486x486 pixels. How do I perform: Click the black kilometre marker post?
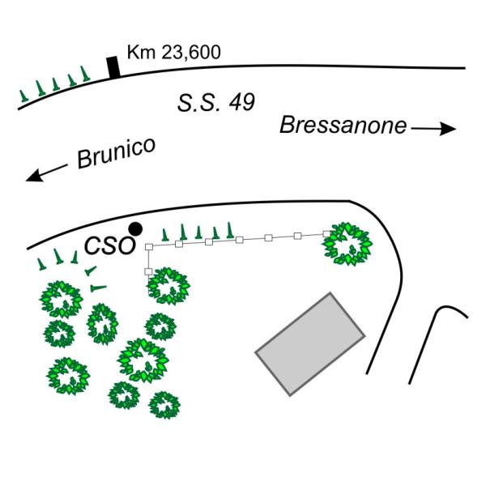tap(114, 67)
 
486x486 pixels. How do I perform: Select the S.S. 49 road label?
tap(216, 103)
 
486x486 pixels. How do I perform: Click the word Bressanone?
tap(343, 125)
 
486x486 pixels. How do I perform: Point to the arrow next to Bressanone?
tap(434, 128)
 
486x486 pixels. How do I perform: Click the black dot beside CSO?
tap(135, 228)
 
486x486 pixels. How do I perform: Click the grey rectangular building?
tap(310, 343)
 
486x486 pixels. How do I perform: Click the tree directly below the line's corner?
tap(168, 283)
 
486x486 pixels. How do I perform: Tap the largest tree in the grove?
tap(142, 359)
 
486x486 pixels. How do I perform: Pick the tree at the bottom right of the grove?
tap(164, 403)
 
